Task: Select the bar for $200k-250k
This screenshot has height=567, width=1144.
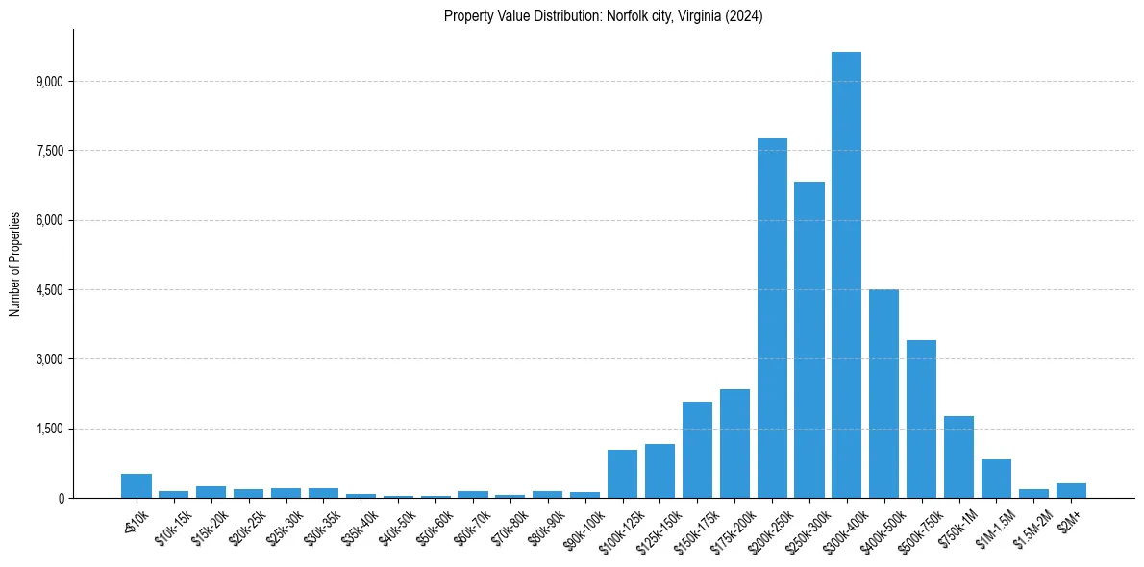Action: click(772, 318)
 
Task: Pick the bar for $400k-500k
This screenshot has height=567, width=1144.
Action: click(883, 393)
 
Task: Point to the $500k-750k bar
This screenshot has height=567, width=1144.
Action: click(921, 419)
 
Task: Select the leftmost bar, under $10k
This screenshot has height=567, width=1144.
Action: click(137, 486)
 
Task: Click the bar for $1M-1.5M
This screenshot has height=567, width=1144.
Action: click(996, 479)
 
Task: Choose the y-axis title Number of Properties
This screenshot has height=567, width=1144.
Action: click(15, 263)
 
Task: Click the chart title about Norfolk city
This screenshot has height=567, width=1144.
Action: click(603, 16)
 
